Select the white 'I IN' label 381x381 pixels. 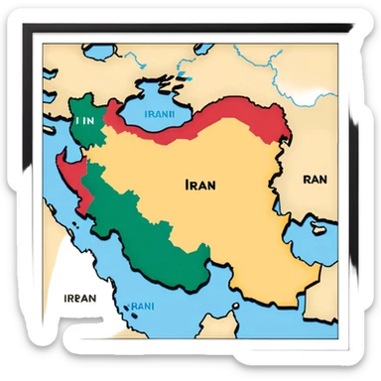point(83,119)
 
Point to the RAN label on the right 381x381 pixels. point(314,180)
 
